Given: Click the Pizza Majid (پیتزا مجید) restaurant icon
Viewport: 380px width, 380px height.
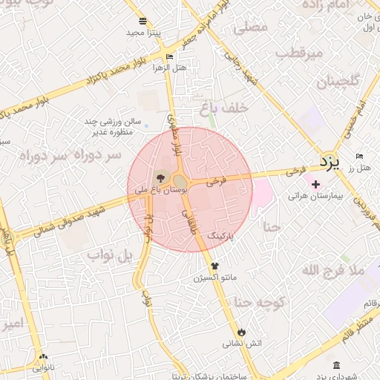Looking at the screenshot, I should point(142,21).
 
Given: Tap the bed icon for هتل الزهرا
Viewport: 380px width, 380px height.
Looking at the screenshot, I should point(169,56).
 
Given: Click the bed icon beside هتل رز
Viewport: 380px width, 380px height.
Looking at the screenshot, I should point(360,157).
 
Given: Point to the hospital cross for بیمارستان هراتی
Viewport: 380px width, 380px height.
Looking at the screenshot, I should point(316,184).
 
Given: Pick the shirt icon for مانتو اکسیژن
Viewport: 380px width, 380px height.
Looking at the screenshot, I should point(215,265).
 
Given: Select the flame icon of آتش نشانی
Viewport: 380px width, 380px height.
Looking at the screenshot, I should point(241,331).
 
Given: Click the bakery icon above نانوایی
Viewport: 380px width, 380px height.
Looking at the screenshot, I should point(43,356).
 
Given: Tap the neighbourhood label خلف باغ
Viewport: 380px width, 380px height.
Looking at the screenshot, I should point(222,109).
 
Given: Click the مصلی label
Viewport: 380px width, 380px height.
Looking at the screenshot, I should point(250,29).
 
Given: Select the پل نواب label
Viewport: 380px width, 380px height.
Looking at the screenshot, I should point(111,256).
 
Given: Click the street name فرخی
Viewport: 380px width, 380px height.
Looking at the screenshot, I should point(217,180).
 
